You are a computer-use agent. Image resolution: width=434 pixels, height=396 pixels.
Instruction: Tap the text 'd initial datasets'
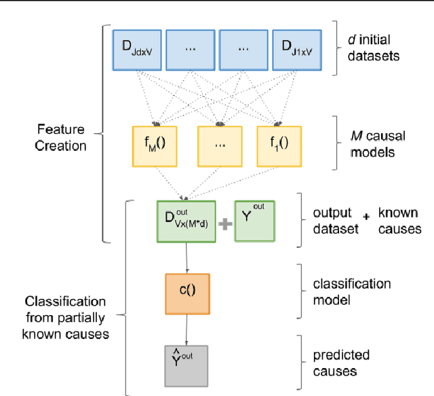tap(372, 46)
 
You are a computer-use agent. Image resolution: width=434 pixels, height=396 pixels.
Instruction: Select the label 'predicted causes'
tap(341, 363)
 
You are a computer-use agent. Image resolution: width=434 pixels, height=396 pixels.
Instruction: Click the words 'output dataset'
tap(336, 221)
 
